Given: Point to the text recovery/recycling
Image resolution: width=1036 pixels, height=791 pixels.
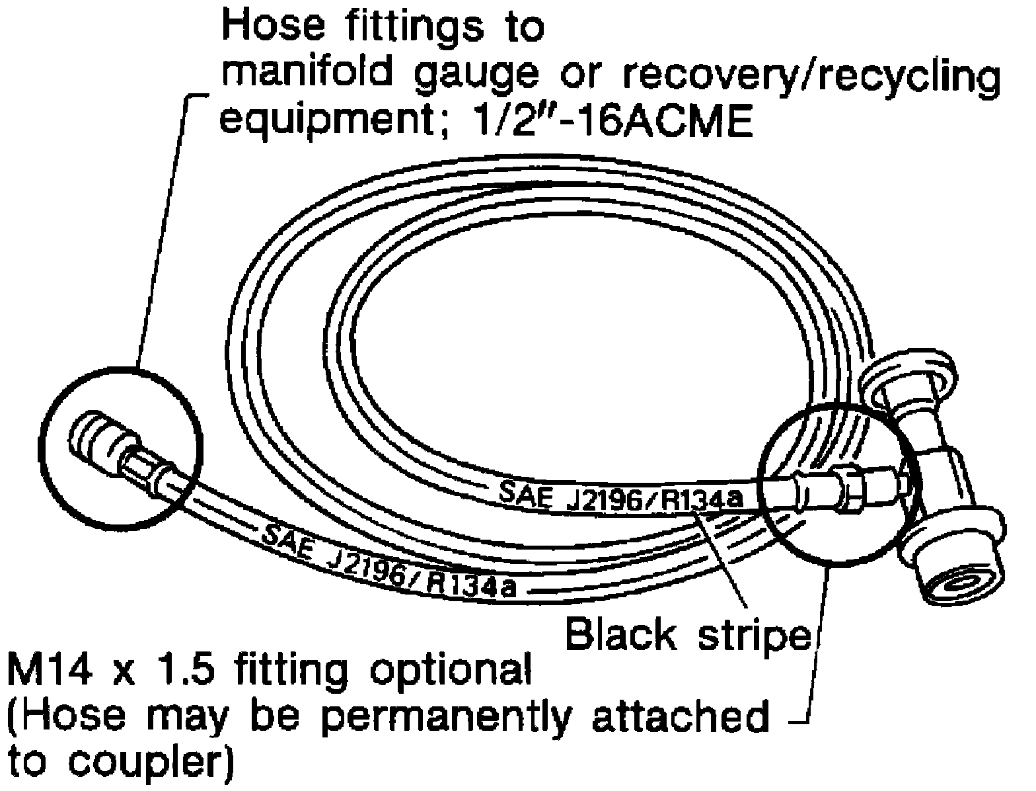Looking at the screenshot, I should tap(813, 78).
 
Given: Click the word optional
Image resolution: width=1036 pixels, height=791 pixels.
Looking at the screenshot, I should tap(449, 672).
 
